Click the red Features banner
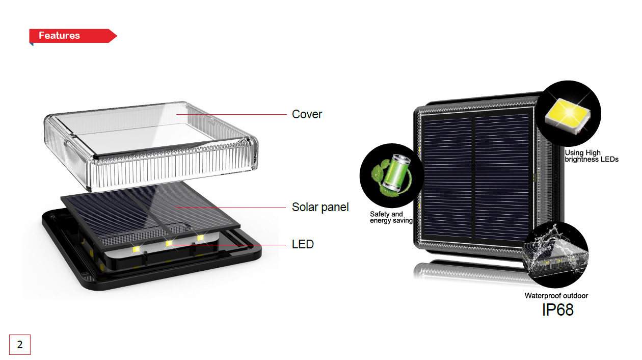[71, 36]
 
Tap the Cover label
[307, 114]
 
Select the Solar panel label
[320, 207]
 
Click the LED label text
[303, 244]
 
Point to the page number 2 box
[20, 345]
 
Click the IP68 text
[557, 310]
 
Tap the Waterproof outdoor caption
[556, 296]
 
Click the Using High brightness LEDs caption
[591, 156]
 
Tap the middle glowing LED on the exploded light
[169, 244]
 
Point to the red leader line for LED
[234, 245]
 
